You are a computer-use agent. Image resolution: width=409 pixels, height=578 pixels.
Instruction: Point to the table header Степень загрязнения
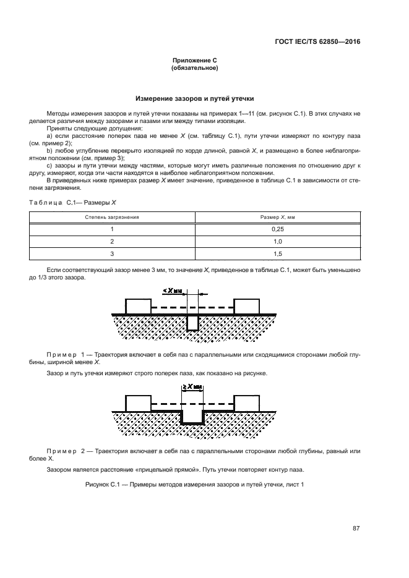click(x=112, y=218)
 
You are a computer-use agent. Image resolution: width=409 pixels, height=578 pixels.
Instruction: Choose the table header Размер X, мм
click(x=277, y=218)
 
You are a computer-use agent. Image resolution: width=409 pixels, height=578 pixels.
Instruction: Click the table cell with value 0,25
click(x=277, y=229)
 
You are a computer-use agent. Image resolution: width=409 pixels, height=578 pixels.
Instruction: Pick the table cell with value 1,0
click(x=277, y=241)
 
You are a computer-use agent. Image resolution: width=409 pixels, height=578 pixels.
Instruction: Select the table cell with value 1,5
click(x=277, y=253)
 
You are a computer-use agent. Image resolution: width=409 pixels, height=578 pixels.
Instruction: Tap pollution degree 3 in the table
click(x=112, y=253)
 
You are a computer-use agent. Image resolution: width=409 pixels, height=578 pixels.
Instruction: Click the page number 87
click(x=356, y=528)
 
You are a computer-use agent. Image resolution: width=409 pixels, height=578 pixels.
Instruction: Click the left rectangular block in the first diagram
click(x=138, y=306)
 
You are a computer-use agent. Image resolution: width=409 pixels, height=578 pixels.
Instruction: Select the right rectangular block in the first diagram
click(x=246, y=306)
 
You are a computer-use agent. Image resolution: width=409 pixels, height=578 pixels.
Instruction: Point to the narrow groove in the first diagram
click(x=193, y=321)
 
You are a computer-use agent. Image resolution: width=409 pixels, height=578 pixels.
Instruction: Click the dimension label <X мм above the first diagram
click(x=175, y=290)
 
